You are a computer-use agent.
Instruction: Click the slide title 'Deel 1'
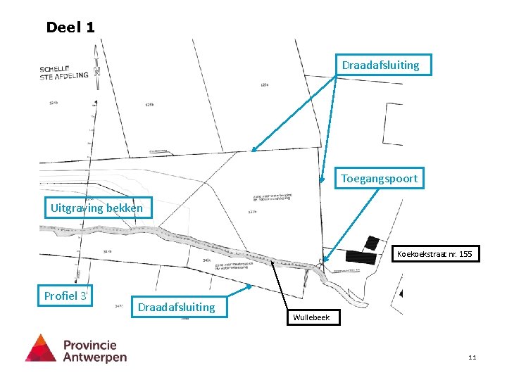[70, 27]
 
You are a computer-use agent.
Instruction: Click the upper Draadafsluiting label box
[380, 65]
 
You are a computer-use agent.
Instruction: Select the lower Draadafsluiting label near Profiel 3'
[177, 307]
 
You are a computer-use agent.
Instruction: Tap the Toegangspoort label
[379, 179]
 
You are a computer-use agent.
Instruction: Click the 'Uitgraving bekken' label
[96, 208]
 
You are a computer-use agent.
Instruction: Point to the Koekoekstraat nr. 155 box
[434, 253]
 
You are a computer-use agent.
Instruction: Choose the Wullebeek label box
[312, 318]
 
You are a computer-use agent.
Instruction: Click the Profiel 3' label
[66, 296]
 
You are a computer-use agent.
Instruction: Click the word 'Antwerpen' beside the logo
[95, 357]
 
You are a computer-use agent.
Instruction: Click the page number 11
[472, 357]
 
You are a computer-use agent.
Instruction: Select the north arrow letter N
[96, 70]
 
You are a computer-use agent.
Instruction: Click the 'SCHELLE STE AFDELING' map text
[63, 72]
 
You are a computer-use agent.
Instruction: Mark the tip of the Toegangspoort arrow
[323, 262]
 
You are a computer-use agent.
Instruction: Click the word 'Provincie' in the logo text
[90, 345]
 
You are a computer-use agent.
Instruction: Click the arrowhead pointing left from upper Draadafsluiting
[251, 151]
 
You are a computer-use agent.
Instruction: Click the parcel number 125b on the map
[149, 105]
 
